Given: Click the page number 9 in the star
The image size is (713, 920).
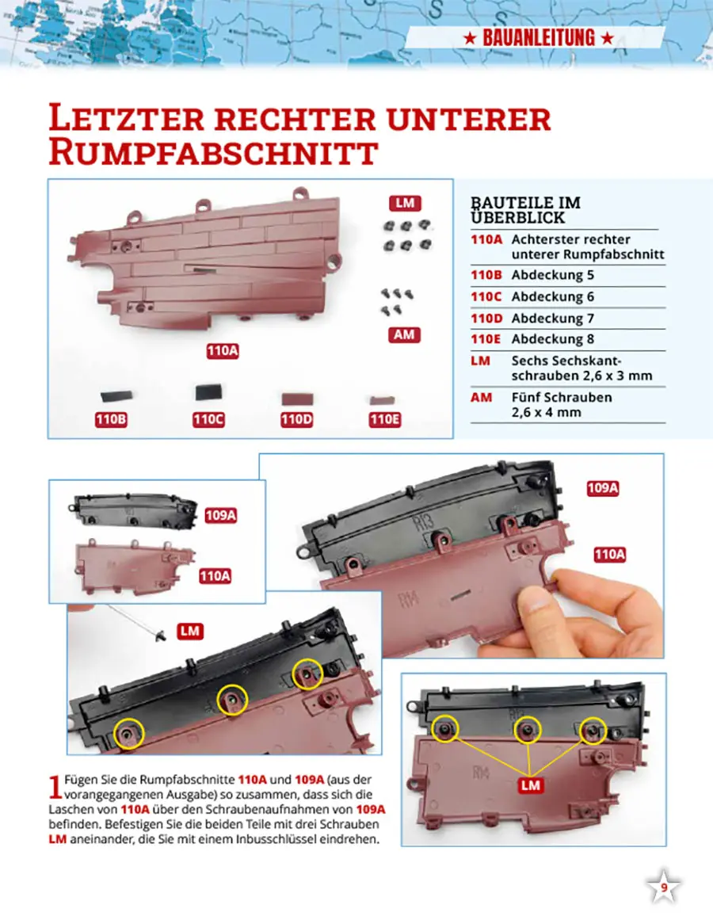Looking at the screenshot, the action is (x=664, y=888).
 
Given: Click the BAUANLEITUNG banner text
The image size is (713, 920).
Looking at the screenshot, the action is (x=538, y=38).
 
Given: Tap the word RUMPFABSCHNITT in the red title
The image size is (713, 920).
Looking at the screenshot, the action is (x=213, y=153).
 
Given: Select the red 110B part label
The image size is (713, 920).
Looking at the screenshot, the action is (x=111, y=419).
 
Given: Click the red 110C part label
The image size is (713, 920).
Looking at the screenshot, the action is (x=208, y=419).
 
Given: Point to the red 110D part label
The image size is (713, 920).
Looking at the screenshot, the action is (x=297, y=419).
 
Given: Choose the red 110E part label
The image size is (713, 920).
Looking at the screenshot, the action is (x=385, y=419).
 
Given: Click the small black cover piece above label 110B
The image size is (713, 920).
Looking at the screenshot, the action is (x=116, y=396).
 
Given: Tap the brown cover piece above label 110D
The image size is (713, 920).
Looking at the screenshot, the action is (x=297, y=399).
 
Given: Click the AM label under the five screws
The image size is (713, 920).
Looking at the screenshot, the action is (x=404, y=335).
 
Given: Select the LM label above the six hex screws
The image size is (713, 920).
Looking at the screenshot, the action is (x=405, y=203).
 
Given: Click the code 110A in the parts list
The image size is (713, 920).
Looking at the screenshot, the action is (x=486, y=239).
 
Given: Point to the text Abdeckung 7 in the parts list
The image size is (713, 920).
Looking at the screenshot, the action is (x=553, y=318).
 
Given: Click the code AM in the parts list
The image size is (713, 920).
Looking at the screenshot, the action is (x=482, y=397).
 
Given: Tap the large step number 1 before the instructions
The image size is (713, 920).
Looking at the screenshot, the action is (x=55, y=787).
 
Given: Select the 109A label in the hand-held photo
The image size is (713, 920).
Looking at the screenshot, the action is (x=603, y=488).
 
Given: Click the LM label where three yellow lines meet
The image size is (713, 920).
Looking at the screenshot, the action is (x=531, y=785).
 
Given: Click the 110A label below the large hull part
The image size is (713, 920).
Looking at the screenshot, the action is (x=223, y=351).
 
